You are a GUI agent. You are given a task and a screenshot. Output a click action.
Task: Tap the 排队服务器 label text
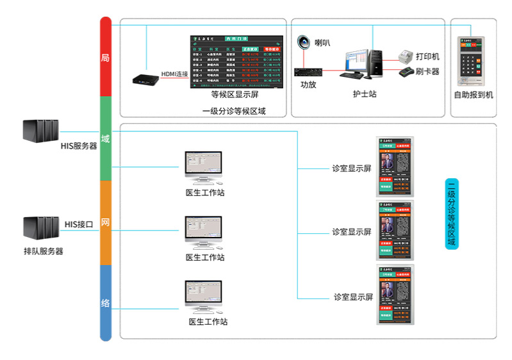pos(43,252)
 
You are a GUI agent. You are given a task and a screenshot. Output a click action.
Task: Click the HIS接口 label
pos(79,224)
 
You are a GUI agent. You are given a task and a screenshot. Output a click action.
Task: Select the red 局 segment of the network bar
pos(106,58)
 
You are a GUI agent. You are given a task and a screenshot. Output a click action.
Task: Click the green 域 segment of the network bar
pos(106,138)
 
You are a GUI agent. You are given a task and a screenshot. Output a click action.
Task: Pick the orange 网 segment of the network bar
pos(106,222)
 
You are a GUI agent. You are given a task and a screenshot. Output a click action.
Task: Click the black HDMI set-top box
pos(145,79)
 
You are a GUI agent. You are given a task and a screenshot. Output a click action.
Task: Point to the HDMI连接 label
pos(174,74)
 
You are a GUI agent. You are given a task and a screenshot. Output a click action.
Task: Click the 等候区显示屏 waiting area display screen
pos(236,61)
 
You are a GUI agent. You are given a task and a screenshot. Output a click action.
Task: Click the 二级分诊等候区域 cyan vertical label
pos(451,215)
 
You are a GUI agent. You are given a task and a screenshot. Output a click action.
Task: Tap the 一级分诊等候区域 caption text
pos(234,111)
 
